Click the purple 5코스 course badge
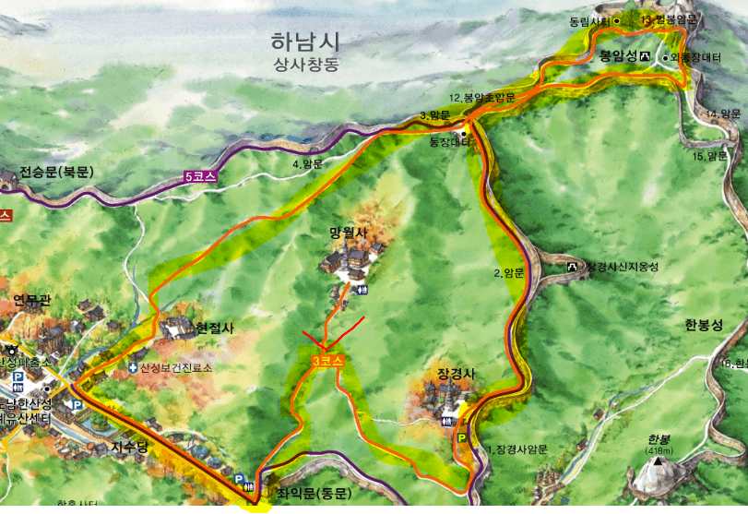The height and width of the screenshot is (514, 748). pyautogui.click(x=199, y=174)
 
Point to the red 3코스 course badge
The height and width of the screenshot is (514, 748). pyautogui.click(x=328, y=362)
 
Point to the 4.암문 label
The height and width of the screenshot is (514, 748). pyautogui.click(x=307, y=163)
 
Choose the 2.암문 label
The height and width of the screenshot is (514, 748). pyautogui.click(x=509, y=272)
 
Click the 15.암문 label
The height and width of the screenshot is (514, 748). pyautogui.click(x=711, y=156)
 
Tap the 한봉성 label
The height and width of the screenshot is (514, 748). pyautogui.click(x=704, y=324)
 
